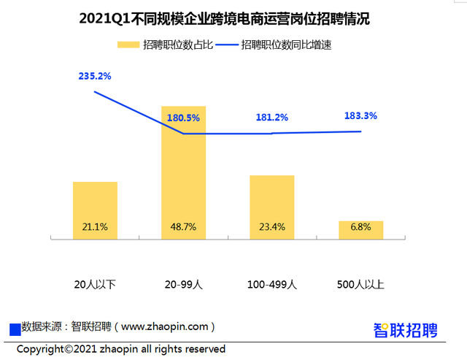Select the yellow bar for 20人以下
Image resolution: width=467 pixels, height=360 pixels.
click(95, 204)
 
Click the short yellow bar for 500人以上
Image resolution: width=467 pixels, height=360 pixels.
click(360, 229)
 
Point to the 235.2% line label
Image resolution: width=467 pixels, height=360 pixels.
click(95, 76)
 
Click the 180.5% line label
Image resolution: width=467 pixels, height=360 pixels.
click(183, 118)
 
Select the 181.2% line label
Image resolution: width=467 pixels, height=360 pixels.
click(271, 118)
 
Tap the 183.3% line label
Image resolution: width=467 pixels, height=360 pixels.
click(360, 115)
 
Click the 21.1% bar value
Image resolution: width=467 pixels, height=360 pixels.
click(95, 227)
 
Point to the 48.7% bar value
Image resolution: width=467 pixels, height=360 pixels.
click(183, 227)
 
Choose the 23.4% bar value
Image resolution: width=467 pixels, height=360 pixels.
click(271, 227)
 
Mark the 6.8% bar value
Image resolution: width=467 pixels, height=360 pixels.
click(360, 227)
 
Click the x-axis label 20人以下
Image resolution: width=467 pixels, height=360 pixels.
click(95, 283)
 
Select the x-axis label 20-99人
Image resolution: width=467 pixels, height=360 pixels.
click(183, 283)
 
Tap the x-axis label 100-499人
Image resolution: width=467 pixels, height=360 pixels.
click(271, 283)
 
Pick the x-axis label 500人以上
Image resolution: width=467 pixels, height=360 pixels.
click(360, 283)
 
